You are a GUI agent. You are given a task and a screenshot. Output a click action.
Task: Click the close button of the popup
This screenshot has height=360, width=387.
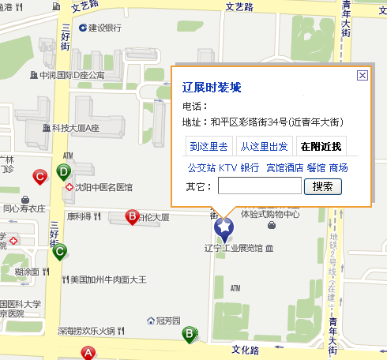coord(363,75)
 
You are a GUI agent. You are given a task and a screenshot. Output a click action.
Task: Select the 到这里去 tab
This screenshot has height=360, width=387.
coord(209,147)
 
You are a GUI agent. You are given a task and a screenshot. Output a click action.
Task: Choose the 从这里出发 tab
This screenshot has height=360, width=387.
coord(264,147)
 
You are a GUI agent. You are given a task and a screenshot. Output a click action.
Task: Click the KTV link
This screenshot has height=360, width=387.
coord(227,167)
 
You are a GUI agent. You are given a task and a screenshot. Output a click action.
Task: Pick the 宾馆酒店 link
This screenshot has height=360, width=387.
coord(284,167)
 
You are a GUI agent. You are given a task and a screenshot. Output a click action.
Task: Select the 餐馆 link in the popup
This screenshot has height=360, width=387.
coord(316,167)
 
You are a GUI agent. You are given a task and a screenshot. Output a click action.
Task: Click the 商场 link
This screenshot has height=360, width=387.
coord(339,167)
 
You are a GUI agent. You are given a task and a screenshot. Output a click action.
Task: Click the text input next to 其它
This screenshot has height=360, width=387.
coord(259,186)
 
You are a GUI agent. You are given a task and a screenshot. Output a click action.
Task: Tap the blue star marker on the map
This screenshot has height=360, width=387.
coord(224,229)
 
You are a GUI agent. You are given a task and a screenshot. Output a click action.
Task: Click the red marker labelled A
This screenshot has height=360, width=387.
coord(88,353)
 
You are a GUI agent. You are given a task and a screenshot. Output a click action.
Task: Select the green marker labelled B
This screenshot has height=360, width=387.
coord(189,334)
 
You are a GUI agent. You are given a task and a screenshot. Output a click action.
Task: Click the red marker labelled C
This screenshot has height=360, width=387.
coord(39,177)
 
